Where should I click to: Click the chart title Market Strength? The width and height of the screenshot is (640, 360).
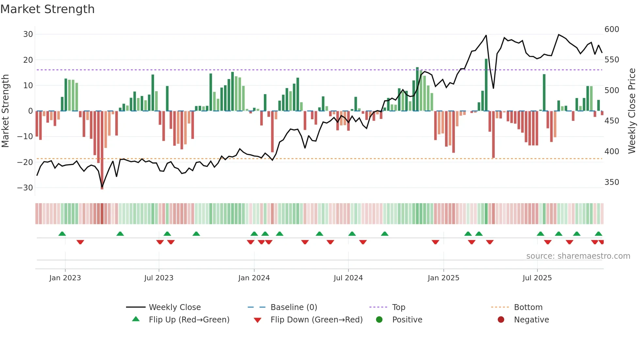[x=47, y=9]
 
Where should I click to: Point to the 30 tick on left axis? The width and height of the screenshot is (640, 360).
[x=28, y=34]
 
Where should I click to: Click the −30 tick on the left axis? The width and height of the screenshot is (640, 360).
[x=25, y=188]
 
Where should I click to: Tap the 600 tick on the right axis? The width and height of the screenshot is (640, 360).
[x=612, y=29]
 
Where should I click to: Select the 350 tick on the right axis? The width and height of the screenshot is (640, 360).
[x=612, y=182]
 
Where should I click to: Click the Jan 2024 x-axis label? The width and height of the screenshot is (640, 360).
[x=254, y=278]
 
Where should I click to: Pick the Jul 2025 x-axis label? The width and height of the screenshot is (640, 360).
[x=537, y=278]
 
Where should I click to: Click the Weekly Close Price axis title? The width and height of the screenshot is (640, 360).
[x=632, y=111]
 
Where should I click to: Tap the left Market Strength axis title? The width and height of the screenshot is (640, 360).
[x=5, y=111]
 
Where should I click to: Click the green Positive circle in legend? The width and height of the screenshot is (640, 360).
[x=379, y=320]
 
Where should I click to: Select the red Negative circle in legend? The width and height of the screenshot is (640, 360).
[x=501, y=320]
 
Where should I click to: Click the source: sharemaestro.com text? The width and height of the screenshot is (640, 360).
[x=578, y=256]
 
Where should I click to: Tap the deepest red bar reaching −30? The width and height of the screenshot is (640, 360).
[x=102, y=150]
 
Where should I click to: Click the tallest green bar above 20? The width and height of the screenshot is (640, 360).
[x=486, y=85]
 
